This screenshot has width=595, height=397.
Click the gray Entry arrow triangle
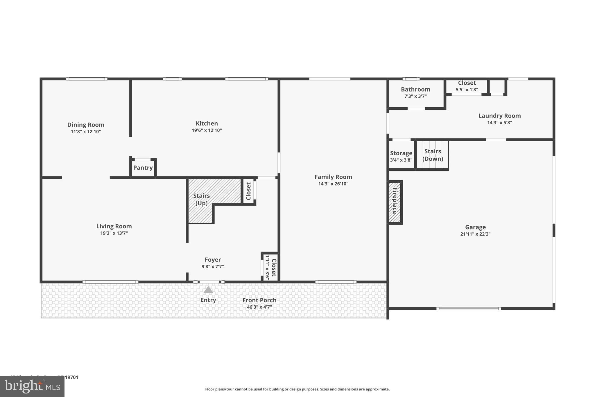208,290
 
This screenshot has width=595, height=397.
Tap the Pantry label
143,168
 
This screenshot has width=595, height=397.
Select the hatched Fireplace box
395,202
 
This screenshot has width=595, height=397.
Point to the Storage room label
401,153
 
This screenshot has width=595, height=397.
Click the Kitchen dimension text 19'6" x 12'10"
207,130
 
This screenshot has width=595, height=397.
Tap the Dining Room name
86,125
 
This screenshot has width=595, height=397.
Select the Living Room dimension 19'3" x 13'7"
114,233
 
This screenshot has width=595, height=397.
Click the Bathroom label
415,90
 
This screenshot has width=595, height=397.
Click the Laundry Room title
499,116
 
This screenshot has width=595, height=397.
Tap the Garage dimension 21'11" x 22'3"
475,234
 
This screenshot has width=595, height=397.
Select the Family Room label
333,177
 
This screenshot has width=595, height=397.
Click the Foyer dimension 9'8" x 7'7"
213,266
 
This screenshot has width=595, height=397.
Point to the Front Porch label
259,300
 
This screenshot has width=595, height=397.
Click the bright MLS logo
32,386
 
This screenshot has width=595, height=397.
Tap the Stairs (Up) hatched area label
201,199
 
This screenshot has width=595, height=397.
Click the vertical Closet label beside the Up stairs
248,191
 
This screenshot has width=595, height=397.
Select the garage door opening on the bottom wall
468,309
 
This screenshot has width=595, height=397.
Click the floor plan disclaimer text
297,389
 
